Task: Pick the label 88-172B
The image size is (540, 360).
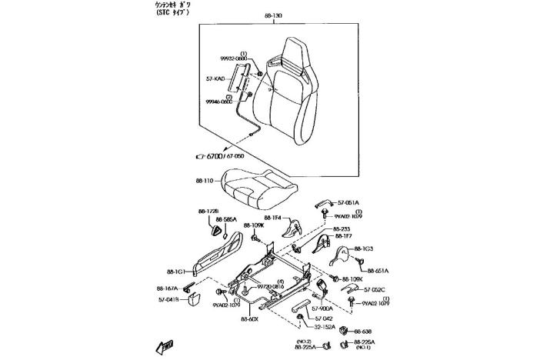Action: click(x=208, y=211)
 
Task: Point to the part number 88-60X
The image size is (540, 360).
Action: click(x=249, y=318)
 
